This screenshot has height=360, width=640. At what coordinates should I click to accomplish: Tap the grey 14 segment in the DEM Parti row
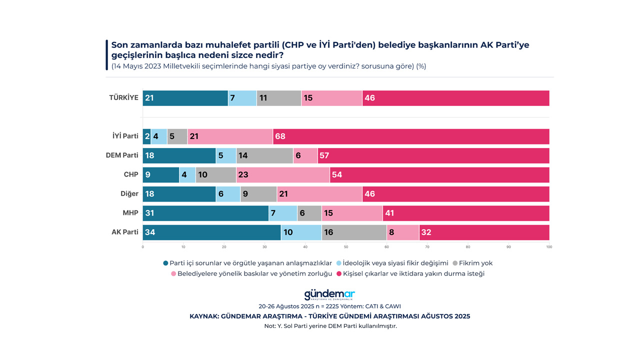pyautogui.click(x=264, y=155)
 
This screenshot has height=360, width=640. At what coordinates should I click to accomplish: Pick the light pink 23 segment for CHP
pyautogui.click(x=283, y=175)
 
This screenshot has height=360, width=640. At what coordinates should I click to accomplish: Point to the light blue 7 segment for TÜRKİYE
pyautogui.click(x=242, y=98)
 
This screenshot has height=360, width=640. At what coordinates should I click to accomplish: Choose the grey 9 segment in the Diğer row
pyautogui.click(x=258, y=194)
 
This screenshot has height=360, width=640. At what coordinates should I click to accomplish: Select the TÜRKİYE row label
pyautogui.click(x=123, y=97)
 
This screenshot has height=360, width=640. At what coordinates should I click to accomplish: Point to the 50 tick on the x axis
pyautogui.click(x=346, y=246)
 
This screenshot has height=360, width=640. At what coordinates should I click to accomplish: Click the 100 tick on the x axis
pyautogui.click(x=549, y=246)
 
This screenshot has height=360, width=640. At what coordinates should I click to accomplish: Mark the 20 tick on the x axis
pyautogui.click(x=224, y=246)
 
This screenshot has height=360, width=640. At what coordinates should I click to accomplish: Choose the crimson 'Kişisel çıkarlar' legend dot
pyautogui.click(x=338, y=274)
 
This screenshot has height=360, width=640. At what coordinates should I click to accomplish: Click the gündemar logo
pyautogui.click(x=329, y=294)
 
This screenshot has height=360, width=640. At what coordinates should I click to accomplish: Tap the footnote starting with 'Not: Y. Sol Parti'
pyautogui.click(x=330, y=326)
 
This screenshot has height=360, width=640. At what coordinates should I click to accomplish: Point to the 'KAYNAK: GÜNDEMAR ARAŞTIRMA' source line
pyautogui.click(x=329, y=316)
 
